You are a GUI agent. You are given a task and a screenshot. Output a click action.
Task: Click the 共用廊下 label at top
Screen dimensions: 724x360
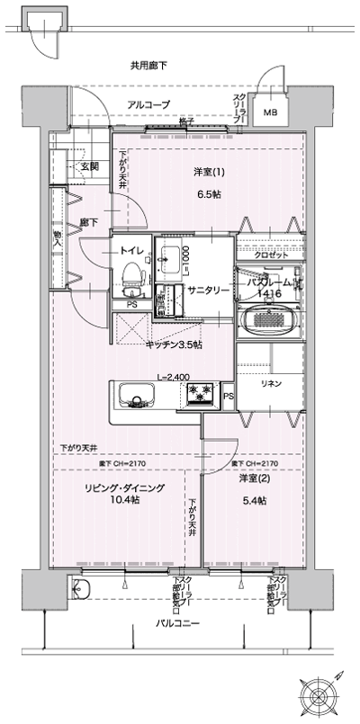(148, 65)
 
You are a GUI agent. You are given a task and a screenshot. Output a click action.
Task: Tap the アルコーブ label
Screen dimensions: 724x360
(148, 105)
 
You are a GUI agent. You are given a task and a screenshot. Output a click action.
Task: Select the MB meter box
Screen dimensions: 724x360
(270, 112)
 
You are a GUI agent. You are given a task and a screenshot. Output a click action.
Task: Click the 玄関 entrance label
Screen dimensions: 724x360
(88, 166)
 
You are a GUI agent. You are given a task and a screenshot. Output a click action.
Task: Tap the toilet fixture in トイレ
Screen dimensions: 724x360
(132, 275)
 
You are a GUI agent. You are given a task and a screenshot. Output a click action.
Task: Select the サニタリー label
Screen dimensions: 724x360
(209, 290)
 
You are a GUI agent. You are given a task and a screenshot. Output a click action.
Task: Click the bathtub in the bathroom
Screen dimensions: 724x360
(272, 319)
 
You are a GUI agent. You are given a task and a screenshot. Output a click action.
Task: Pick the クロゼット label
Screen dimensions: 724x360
(272, 255)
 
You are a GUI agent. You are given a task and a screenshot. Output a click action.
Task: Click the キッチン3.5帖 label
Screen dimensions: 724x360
(174, 344)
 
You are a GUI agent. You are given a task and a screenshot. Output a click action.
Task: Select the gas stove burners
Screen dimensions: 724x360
(201, 393)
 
